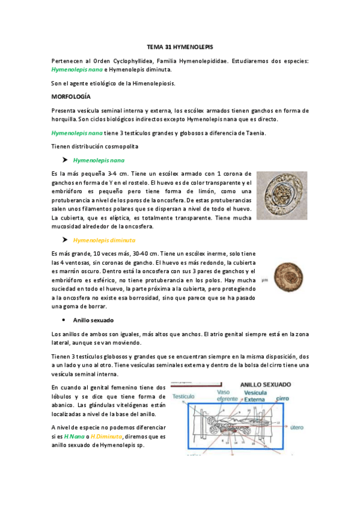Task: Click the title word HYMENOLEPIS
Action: (197, 46)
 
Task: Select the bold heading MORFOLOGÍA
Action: (71, 96)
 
